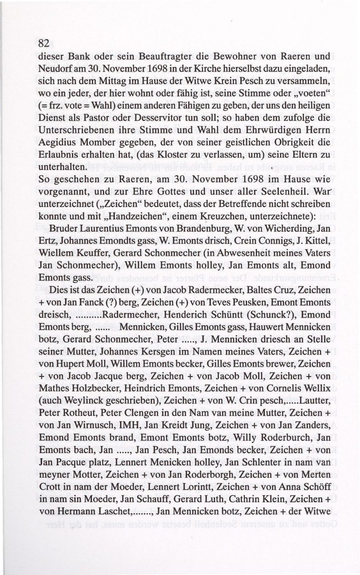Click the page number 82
click(44, 43)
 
